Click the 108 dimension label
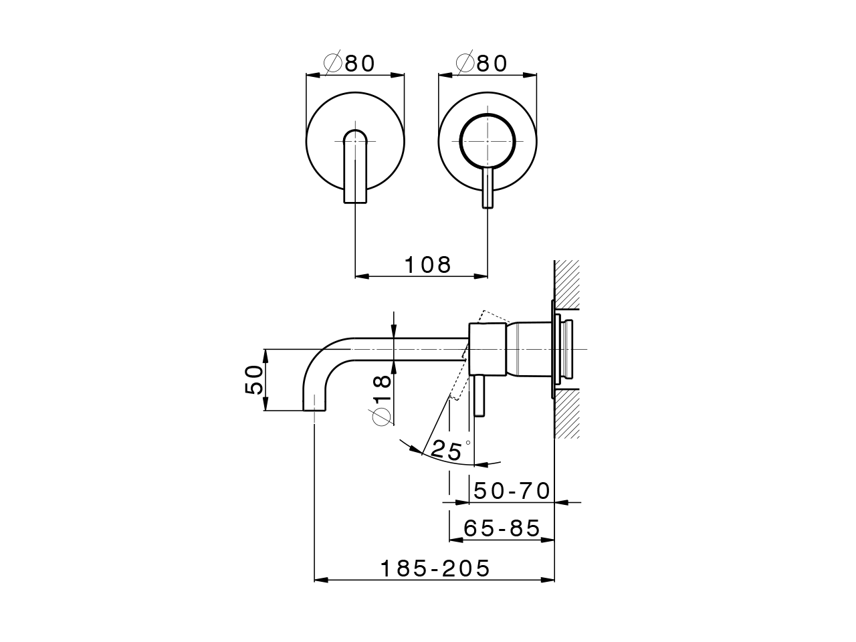coord(428,265)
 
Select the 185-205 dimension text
coord(435,568)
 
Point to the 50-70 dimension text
coord(512,491)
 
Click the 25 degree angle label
coord(447,450)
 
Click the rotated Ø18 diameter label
coord(381,400)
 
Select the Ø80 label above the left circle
coord(350,63)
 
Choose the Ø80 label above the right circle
coord(482,63)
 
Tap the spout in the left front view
coord(355,167)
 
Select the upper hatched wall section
coord(566,284)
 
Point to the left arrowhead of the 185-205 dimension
coord(321,580)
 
